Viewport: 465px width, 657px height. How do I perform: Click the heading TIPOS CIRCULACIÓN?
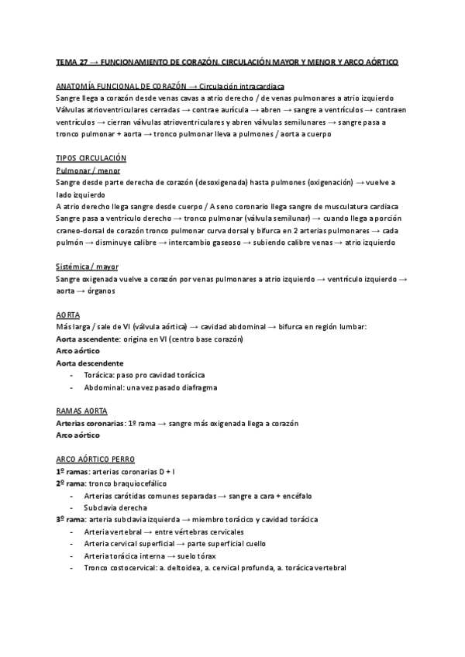point(91,157)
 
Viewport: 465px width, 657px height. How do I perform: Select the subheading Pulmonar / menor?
point(88,170)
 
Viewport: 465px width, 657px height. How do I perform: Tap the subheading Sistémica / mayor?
point(88,267)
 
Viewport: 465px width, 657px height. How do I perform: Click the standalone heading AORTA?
point(67,315)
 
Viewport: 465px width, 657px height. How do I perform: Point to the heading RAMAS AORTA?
point(82,411)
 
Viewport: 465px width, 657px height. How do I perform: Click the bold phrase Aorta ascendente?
point(88,339)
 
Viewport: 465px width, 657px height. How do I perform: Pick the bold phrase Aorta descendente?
point(90,363)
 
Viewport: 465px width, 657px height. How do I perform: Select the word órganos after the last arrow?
point(95,291)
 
